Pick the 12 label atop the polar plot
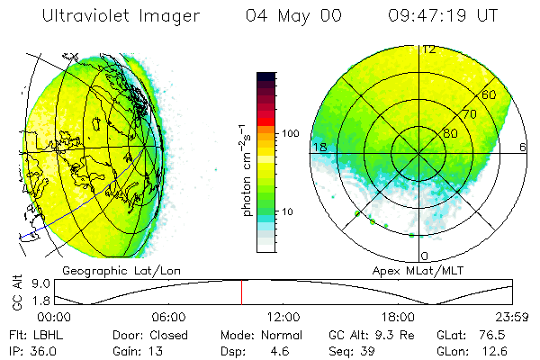pos(428,49)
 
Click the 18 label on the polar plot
pos(318,147)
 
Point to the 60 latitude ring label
pos(489,94)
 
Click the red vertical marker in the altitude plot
pos(241,292)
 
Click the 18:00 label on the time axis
pos(398,317)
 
